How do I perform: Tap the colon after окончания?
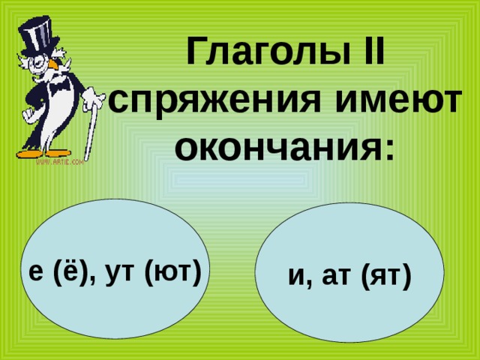(388, 148)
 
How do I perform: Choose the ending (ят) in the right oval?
(386, 276)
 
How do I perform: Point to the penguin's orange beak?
(55, 65)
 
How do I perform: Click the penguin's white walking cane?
(91, 128)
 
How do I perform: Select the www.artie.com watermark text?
(60, 162)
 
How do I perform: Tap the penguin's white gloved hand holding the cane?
(93, 97)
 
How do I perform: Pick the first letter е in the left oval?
(36, 273)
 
